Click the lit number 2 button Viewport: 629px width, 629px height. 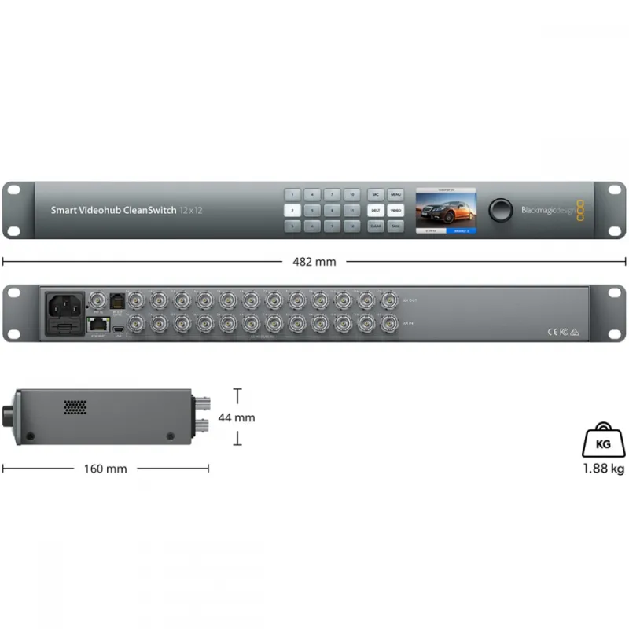[x=292, y=210]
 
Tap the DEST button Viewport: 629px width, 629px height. [x=375, y=210]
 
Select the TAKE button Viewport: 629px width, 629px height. [x=395, y=226]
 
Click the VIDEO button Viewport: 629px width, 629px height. [x=395, y=210]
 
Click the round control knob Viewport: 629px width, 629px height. [x=500, y=209]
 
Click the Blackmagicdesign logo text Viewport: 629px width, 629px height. [x=547, y=210]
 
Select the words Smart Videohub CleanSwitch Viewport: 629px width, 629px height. [x=113, y=210]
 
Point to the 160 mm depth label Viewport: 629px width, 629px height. [x=105, y=469]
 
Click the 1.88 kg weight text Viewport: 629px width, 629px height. [x=604, y=469]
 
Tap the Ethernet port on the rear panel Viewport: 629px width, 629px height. [x=97, y=323]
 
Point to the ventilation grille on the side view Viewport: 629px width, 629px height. [x=75, y=408]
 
